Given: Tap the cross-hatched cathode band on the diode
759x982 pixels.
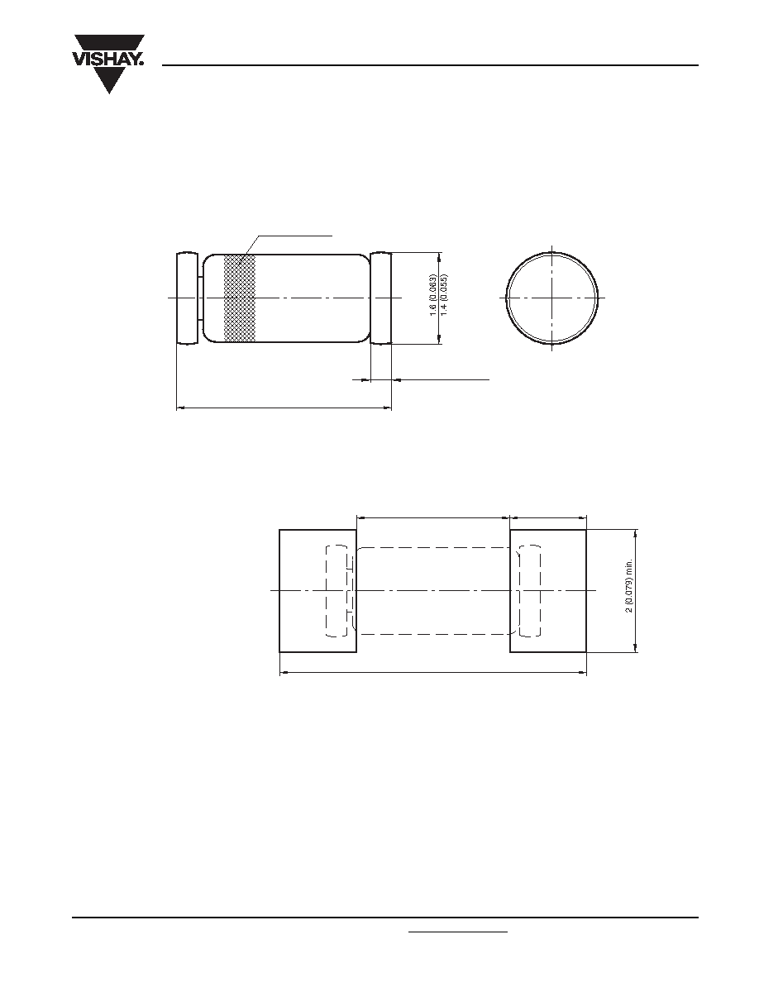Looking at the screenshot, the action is [x=240, y=298].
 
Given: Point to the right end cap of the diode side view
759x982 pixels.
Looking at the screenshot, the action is [x=381, y=298].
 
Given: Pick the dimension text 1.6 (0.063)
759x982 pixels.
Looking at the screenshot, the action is [x=432, y=295].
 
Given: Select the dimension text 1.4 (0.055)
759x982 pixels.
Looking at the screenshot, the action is [x=444, y=295].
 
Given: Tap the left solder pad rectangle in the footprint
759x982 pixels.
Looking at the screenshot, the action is [x=317, y=590].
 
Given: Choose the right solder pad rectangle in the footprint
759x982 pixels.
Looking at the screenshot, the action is [x=548, y=590].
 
